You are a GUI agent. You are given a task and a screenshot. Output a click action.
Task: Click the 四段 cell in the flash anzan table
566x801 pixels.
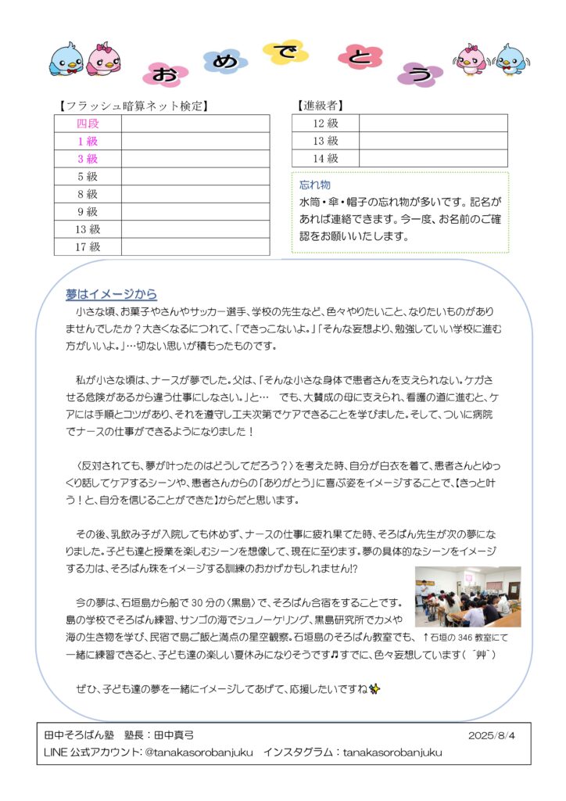click(88, 124)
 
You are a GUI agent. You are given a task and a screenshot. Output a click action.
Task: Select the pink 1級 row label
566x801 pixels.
click(88, 142)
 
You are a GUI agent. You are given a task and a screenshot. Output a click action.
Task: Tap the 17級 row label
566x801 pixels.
click(88, 247)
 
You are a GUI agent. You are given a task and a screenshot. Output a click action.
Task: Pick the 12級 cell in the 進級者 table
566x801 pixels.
click(325, 124)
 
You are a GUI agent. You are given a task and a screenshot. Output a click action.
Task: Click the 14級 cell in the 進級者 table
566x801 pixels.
click(325, 159)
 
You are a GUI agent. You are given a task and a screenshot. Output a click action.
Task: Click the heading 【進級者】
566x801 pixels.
click(320, 106)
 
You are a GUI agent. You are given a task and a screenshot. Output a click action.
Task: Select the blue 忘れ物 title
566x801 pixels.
click(315, 185)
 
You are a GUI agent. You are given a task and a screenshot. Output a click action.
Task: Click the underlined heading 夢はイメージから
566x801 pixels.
click(111, 295)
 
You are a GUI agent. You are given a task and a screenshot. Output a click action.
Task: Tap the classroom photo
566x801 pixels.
click(467, 596)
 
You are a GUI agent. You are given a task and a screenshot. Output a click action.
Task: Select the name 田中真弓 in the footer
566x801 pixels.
click(172, 735)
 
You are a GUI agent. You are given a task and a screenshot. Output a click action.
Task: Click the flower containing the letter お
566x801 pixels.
click(165, 74)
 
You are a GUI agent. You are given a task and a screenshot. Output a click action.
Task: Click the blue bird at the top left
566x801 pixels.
click(66, 59)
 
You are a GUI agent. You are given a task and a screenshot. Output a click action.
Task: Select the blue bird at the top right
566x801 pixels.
click(510, 59)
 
